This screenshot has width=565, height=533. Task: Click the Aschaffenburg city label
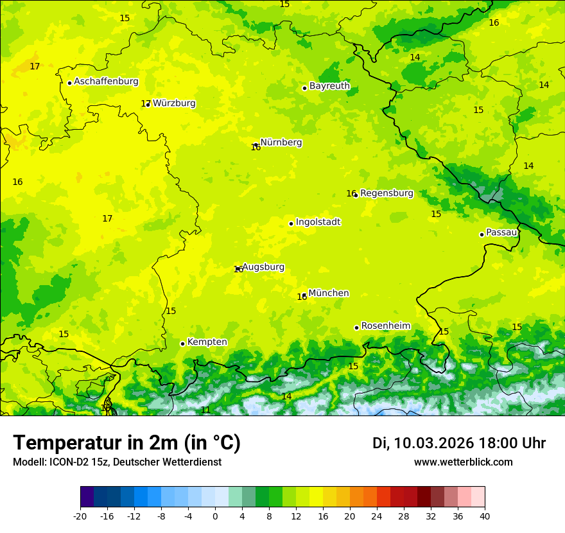106,82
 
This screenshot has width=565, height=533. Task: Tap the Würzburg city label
173,103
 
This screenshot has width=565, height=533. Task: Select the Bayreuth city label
329,86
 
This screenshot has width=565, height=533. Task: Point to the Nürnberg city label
281,143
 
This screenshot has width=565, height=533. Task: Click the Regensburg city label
387,193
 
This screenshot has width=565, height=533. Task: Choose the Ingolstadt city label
318,222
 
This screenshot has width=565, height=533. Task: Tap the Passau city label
501,232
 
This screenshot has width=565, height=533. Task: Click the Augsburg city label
263,267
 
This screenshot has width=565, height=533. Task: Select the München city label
329,293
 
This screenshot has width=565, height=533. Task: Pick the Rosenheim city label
385,326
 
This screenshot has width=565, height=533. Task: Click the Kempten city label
207,342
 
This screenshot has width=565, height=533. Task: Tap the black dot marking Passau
482,234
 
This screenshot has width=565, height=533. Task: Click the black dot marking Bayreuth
304,89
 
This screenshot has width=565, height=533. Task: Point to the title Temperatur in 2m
126,443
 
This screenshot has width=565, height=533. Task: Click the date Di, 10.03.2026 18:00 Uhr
459,443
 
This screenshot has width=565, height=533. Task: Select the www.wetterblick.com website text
463,462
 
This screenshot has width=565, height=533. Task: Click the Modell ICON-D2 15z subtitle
117,462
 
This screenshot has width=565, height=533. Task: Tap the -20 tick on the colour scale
80,516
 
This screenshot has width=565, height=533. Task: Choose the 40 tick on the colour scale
485,516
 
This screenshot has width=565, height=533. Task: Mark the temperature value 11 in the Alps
205,410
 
